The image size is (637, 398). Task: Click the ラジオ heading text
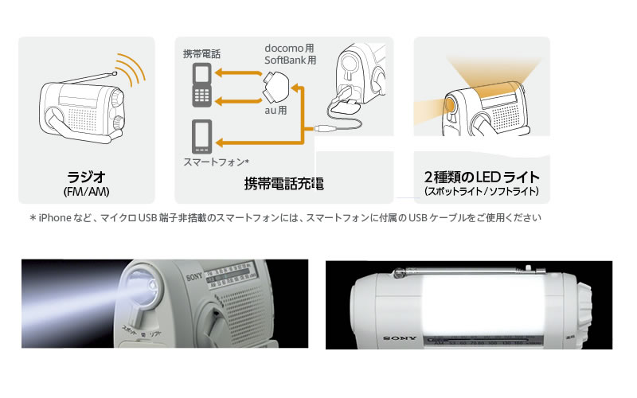coord(86,177)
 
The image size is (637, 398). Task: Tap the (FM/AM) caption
coord(87,192)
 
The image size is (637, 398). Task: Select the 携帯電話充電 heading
coord(284,184)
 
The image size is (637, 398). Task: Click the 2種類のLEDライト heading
coord(482,177)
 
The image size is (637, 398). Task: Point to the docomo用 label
coord(289,48)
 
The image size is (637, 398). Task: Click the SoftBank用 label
coord(290,60)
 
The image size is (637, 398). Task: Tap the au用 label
coord(276,110)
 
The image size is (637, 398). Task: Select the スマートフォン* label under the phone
coord(216,162)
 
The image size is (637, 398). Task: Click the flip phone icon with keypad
coord(202,85)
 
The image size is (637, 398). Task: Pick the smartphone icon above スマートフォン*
coord(202,136)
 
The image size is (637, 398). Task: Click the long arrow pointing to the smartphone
coord(266,142)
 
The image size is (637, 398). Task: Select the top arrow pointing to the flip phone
coord(238,73)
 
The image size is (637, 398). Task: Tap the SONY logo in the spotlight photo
coord(194,277)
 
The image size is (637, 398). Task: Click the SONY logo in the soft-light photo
coord(400,338)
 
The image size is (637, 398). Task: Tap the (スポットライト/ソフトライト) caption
coord(482,192)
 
